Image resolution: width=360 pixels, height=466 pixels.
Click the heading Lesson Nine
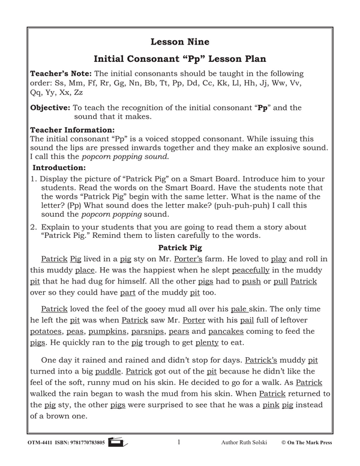(180, 41)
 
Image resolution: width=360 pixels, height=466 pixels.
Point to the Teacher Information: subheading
(72, 129)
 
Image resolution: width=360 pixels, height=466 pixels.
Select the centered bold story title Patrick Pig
(180, 247)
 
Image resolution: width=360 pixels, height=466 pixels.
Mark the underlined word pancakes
(233, 331)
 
